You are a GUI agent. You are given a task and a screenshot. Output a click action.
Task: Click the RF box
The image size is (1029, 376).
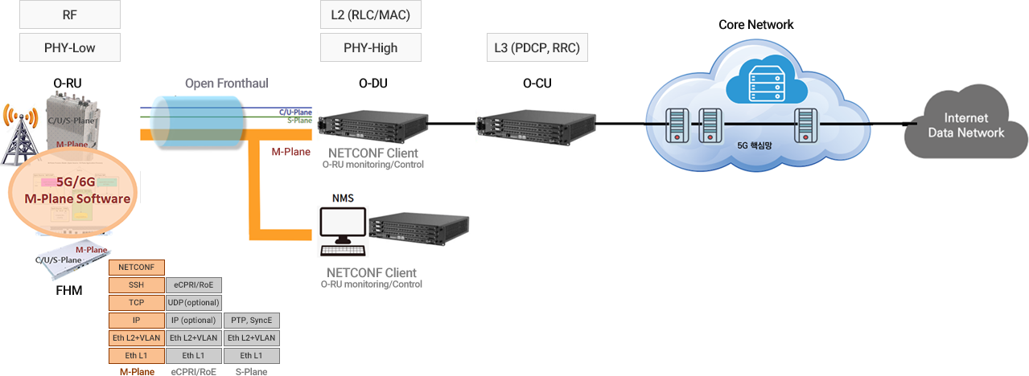(x=69, y=15)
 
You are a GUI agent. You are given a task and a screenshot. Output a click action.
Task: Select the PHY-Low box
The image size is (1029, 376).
(x=69, y=47)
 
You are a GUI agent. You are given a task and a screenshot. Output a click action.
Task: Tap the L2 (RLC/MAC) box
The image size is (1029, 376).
(x=370, y=15)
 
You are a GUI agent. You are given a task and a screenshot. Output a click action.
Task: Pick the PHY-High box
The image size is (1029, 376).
(x=370, y=47)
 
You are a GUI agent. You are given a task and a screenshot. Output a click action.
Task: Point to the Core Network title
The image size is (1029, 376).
(x=755, y=24)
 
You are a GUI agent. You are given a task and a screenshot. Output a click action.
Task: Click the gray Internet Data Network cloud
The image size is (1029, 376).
(x=965, y=125)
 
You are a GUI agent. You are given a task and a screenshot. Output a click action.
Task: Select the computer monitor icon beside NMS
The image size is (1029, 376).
(x=341, y=227)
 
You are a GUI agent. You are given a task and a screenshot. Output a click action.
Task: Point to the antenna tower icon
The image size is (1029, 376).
(x=21, y=134)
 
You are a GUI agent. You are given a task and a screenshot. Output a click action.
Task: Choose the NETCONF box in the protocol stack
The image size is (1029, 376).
(x=137, y=267)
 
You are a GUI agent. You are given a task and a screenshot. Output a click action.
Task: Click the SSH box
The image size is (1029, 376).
(x=137, y=285)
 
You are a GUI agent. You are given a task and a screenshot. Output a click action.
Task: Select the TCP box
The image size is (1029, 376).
(x=137, y=303)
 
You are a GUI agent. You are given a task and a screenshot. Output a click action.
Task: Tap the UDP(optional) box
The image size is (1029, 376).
(x=194, y=303)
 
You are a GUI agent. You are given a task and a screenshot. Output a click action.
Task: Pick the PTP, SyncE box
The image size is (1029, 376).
(x=252, y=321)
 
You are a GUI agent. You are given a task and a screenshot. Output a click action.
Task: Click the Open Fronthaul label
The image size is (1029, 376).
(x=226, y=84)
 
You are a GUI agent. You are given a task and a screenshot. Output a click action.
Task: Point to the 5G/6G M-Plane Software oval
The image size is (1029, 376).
(x=72, y=191)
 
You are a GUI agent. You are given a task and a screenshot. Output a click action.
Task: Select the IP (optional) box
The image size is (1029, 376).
(x=194, y=321)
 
